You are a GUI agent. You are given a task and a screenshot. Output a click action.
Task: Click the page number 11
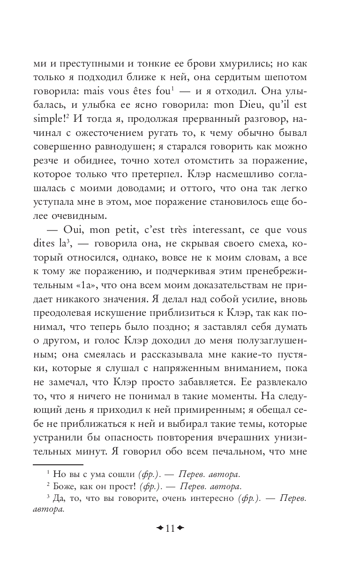170,529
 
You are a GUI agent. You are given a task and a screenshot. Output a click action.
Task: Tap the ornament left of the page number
159,529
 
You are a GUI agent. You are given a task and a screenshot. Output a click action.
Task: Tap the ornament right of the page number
180,529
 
